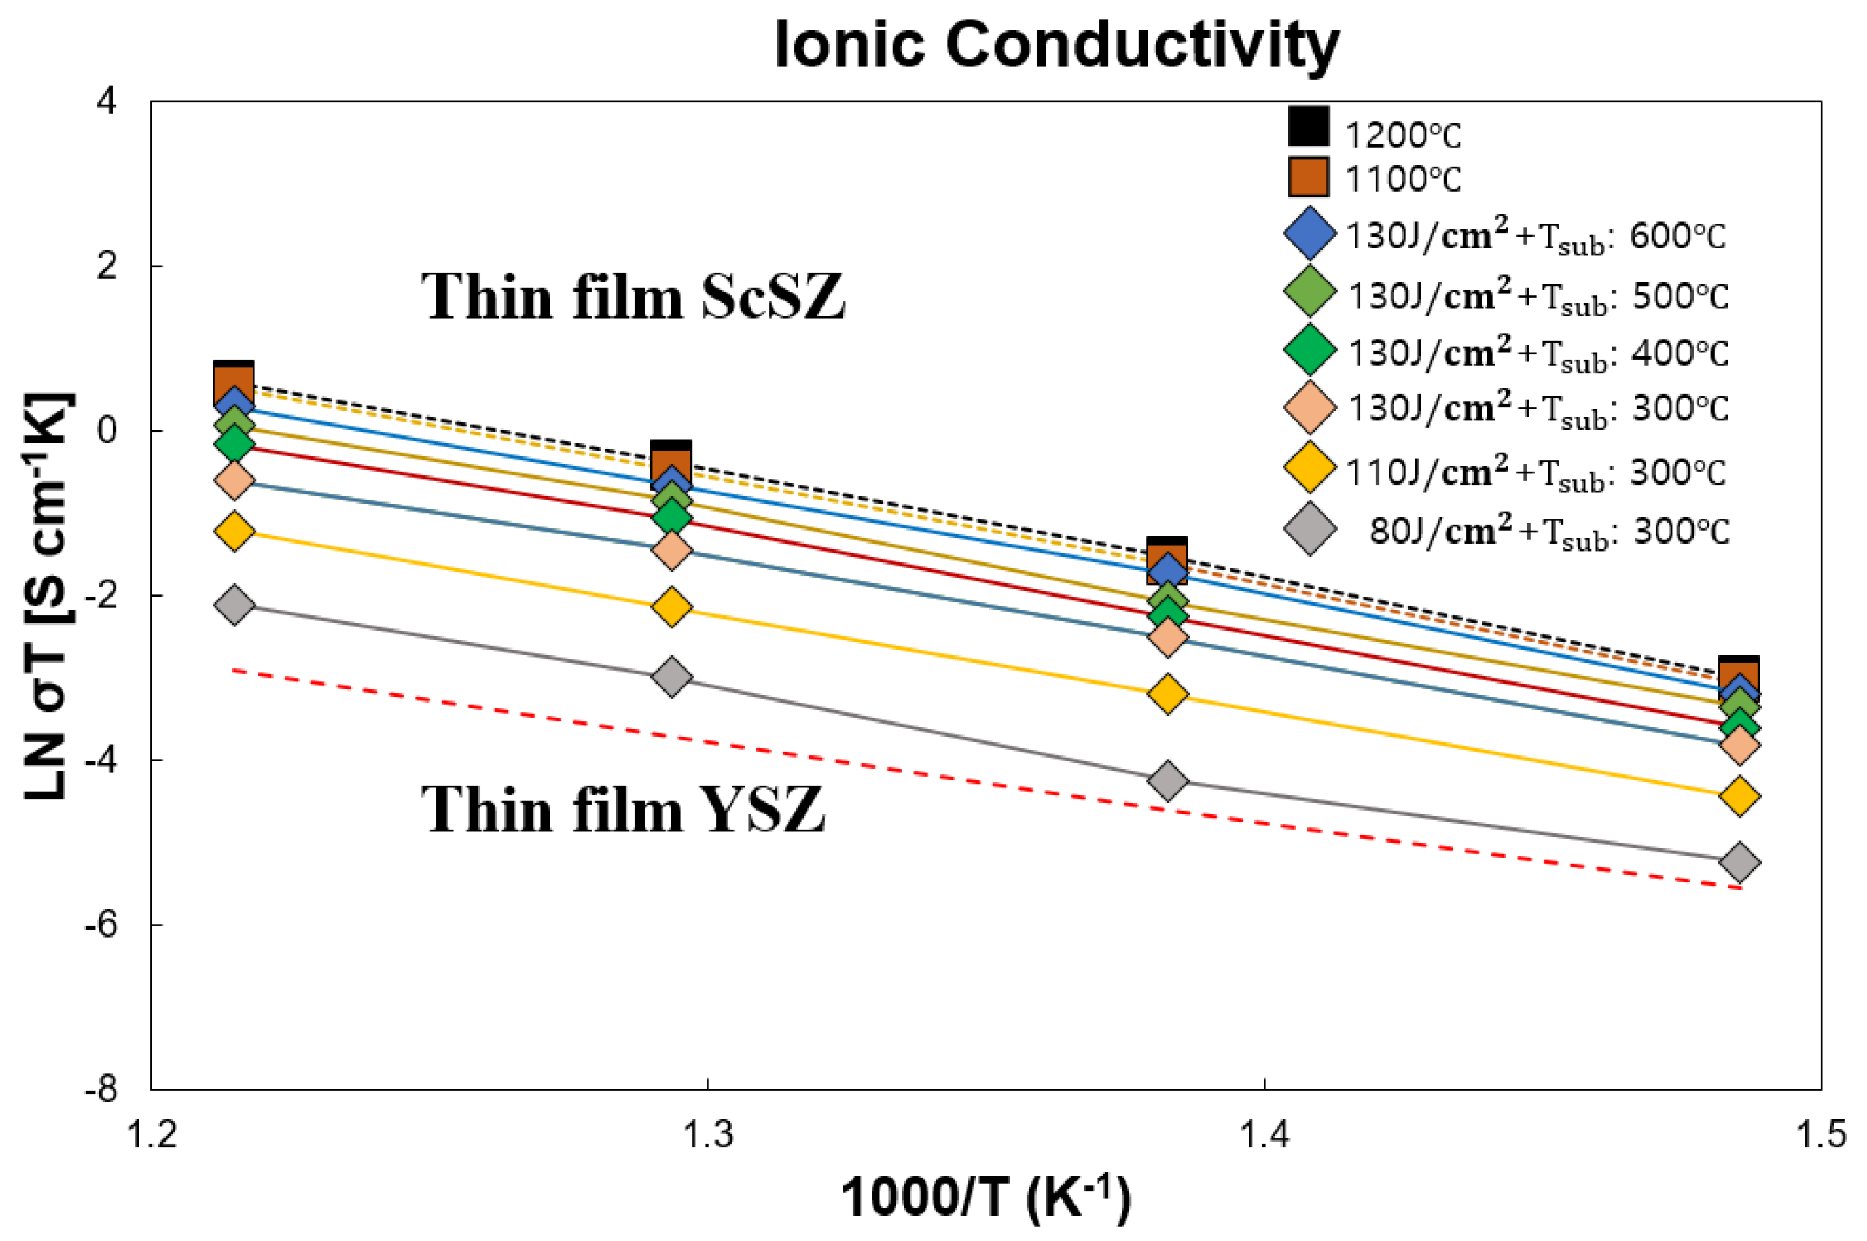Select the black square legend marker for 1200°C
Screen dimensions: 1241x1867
point(1308,126)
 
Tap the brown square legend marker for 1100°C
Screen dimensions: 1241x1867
point(1308,176)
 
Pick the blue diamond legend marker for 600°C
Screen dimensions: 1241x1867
point(1310,234)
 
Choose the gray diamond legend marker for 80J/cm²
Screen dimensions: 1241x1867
point(1310,528)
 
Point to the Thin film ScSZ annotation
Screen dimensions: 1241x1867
point(632,297)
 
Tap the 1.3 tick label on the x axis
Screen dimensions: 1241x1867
point(708,1134)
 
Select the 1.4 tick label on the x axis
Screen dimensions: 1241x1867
point(1264,1134)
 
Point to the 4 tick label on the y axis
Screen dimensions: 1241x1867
point(107,102)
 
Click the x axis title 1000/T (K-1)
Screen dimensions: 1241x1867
point(985,1197)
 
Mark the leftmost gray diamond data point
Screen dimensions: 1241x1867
point(234,605)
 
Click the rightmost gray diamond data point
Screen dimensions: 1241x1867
point(1739,862)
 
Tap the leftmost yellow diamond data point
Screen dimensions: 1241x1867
point(234,531)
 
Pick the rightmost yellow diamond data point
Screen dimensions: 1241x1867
point(1739,796)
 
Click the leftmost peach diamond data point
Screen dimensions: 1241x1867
point(234,480)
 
